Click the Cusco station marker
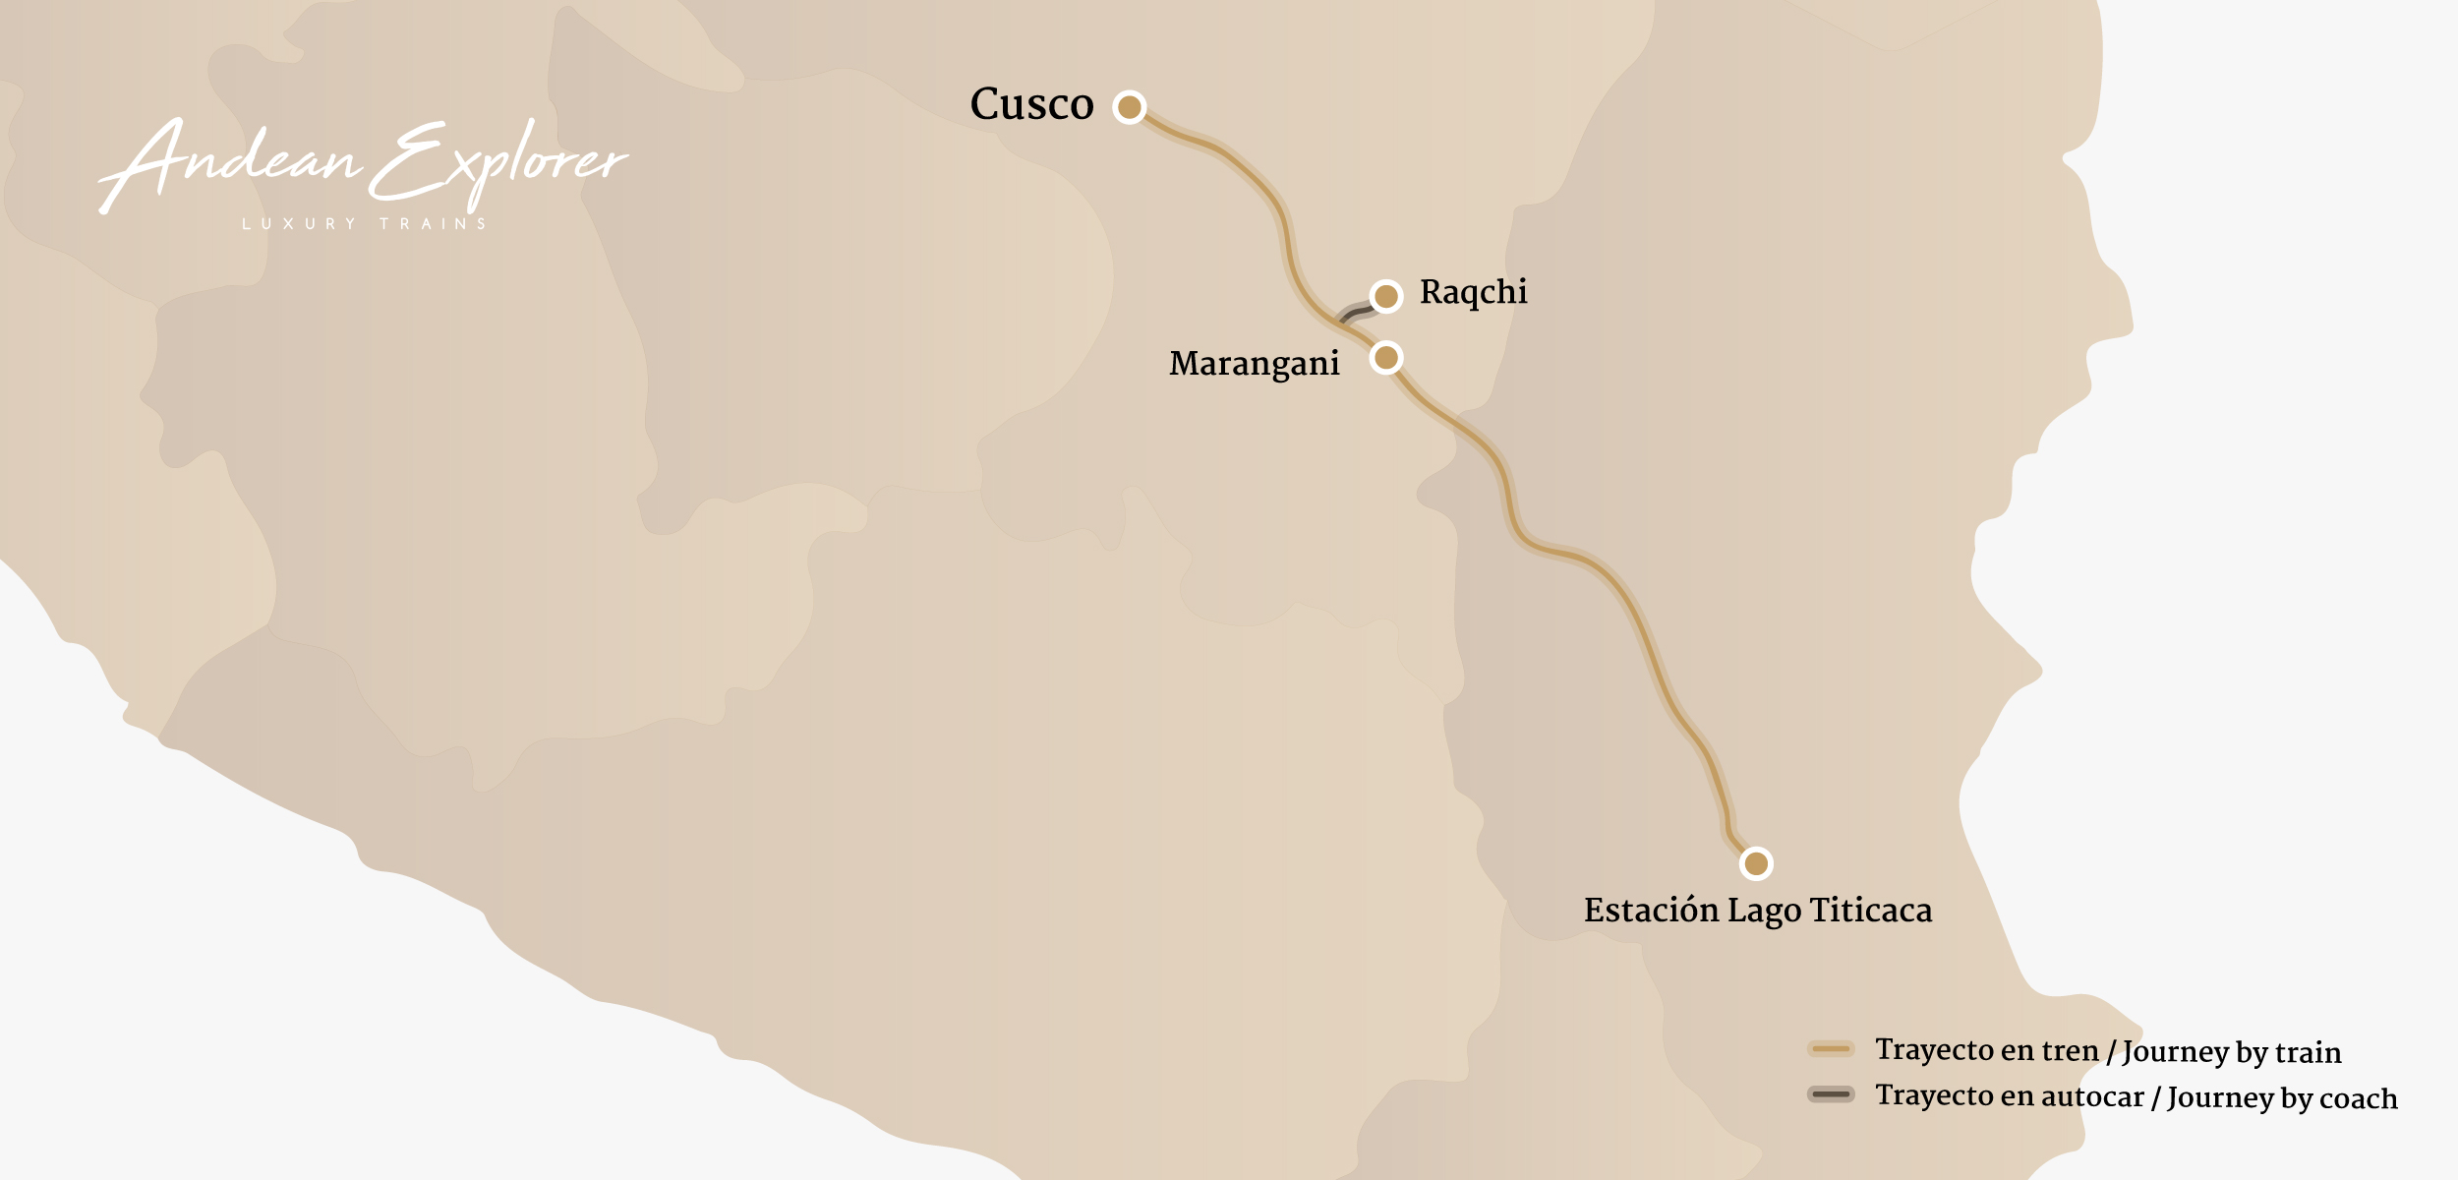point(1130,106)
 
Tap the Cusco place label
point(1031,103)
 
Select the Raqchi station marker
point(1386,295)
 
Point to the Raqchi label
point(1473,292)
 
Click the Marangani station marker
point(1386,357)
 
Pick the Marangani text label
point(1254,364)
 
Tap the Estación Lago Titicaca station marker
point(1756,864)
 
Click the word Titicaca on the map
point(1871,911)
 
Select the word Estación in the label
point(1651,911)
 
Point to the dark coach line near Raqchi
point(1357,314)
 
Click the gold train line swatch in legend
point(1831,1049)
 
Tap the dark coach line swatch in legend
point(1831,1094)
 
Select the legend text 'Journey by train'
point(2232,1052)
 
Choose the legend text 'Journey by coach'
point(2282,1097)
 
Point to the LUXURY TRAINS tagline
point(365,224)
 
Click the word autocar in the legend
point(2092,1096)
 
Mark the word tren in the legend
point(2069,1050)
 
